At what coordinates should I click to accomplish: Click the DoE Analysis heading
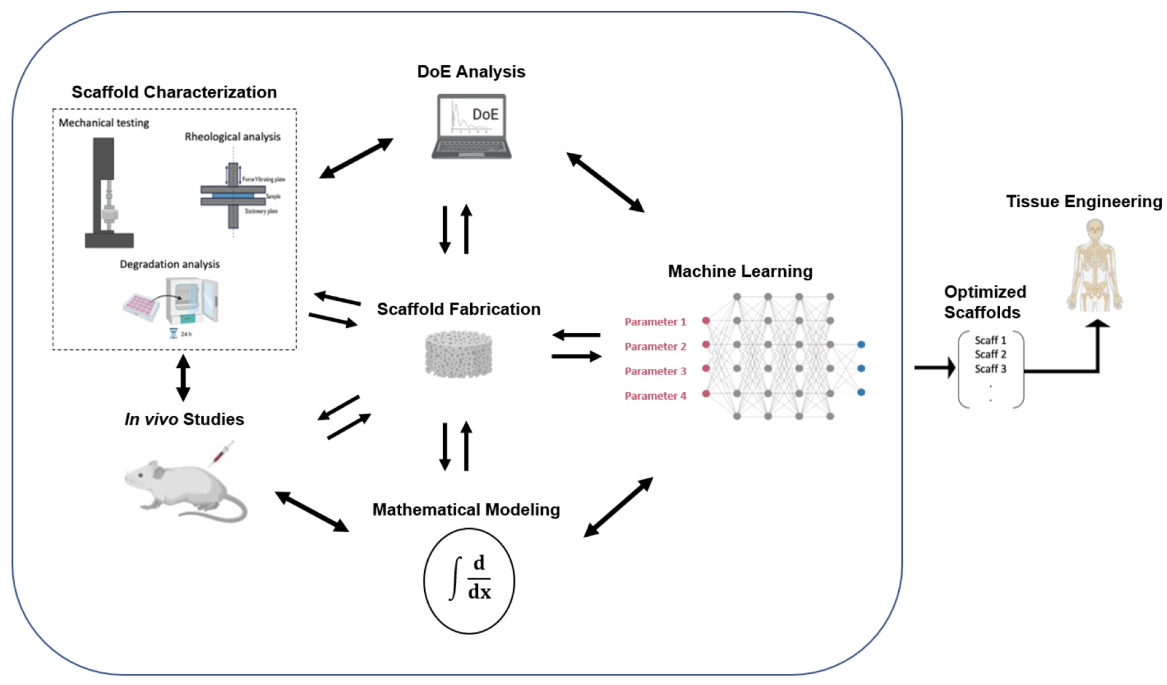coord(471,72)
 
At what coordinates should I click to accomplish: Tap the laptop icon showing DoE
coord(471,126)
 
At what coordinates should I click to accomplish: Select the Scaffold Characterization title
coord(174,92)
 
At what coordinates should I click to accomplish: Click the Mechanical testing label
coord(104,123)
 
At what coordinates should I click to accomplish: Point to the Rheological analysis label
coord(232,137)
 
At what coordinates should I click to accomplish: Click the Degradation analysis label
coord(169,264)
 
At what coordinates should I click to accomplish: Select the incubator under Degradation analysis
coord(192,300)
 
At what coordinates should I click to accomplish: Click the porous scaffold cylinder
coord(458,354)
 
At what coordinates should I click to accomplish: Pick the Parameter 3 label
coord(655,371)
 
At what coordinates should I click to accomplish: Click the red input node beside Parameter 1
coord(706,320)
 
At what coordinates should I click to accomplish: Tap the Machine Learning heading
coord(740,271)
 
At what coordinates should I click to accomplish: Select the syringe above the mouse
coord(221,453)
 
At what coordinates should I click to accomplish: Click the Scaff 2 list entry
coord(990,354)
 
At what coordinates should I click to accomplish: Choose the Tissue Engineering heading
coord(1084,202)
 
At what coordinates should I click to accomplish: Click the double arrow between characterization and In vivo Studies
coord(183,378)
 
